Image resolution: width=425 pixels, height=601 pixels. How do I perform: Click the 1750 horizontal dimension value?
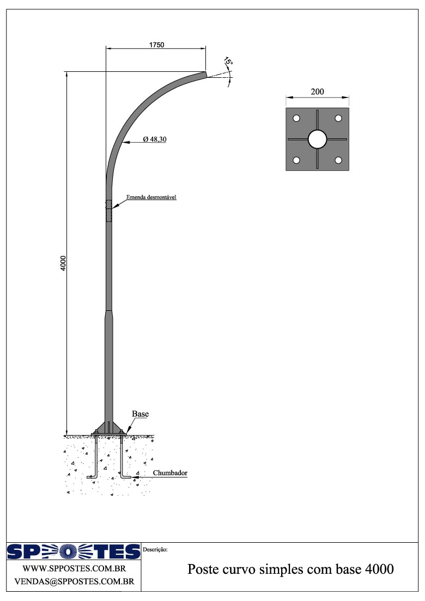coord(156,44)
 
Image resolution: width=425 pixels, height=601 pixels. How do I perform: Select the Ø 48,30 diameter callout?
coord(155,140)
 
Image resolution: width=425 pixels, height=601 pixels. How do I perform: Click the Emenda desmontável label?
coord(151,197)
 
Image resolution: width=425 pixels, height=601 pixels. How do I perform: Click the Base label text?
coord(140,414)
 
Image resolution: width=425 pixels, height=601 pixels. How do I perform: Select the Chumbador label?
coord(170,473)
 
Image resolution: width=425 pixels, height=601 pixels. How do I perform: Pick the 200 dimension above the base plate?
coord(317,91)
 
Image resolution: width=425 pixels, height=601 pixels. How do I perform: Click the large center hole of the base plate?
coord(317,139)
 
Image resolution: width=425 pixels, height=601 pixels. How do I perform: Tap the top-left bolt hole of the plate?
coord(296,118)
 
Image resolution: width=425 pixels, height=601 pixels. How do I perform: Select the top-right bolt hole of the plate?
coord(338,118)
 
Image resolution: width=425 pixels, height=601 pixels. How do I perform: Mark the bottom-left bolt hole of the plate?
coord(296,160)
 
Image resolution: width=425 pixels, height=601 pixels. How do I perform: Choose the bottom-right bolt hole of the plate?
coord(338,160)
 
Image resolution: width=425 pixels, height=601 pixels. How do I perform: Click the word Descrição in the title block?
coord(155,549)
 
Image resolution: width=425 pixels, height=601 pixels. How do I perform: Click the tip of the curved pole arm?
coord(206,74)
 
